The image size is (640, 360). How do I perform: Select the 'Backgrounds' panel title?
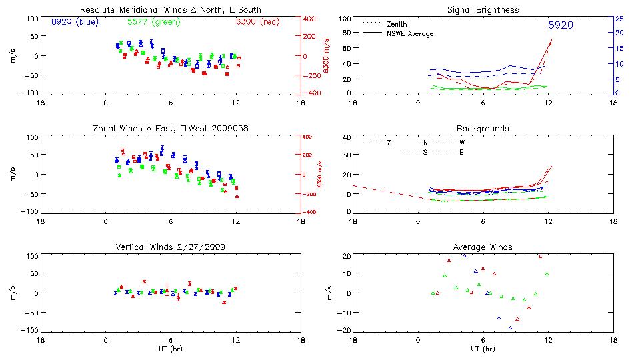(x=483, y=128)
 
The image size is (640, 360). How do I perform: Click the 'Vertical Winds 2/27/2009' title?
(x=171, y=247)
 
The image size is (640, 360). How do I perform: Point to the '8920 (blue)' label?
(x=74, y=22)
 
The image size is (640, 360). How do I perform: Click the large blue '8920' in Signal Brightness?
(x=560, y=25)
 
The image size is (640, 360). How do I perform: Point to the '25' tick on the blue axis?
(x=619, y=19)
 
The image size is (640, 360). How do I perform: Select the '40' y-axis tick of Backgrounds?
(x=347, y=138)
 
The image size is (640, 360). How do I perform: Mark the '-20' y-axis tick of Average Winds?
(x=345, y=330)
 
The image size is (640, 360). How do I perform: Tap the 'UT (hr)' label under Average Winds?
(x=483, y=349)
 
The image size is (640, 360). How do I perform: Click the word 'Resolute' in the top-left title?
(x=97, y=10)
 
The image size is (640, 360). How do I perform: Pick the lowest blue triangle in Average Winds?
(x=510, y=327)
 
